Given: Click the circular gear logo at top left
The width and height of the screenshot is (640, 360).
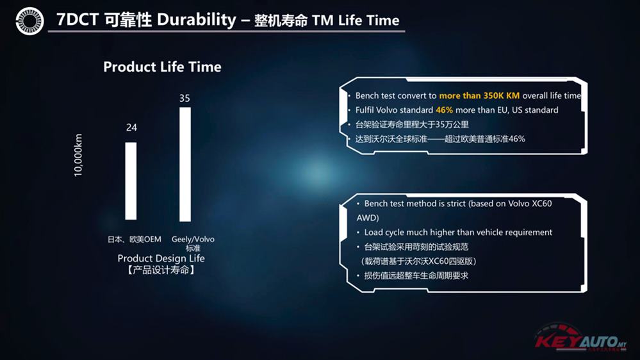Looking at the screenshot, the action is point(29,21).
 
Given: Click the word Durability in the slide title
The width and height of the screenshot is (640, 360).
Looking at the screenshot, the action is point(196,20).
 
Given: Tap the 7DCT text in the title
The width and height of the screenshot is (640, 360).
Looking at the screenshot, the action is point(77,20).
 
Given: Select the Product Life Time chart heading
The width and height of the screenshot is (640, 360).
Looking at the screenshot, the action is point(162,67).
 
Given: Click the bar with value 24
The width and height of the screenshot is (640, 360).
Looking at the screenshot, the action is point(131,181).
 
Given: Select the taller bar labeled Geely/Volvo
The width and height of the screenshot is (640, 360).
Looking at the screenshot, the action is point(185,164).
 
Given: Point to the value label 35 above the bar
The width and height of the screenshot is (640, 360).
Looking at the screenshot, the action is point(185,99).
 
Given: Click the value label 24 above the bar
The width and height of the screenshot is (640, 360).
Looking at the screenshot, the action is point(131,127).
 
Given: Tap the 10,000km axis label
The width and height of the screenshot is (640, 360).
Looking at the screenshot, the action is point(78,155).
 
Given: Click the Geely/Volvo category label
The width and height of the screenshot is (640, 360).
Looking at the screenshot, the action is point(193,239).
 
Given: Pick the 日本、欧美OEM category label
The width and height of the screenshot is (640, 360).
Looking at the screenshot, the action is point(135,239).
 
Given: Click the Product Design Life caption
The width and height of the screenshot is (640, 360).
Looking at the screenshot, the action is point(161,258).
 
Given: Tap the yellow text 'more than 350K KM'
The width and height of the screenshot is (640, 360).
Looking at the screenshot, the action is point(479,95).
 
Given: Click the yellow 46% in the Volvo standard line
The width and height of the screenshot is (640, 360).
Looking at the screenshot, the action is point(444,110).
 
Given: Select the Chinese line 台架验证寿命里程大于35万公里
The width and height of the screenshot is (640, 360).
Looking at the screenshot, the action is point(412,124).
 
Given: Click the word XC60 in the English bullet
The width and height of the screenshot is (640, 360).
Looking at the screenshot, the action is point(541,203).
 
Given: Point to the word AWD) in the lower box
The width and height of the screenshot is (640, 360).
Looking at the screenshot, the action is point(368,218).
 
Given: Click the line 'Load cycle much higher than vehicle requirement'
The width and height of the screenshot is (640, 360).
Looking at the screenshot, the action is point(458,233).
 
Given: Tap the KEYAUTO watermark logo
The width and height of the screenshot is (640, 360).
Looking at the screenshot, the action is point(581,338).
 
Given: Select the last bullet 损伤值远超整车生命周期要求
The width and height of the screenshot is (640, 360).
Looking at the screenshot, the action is point(416,275).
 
